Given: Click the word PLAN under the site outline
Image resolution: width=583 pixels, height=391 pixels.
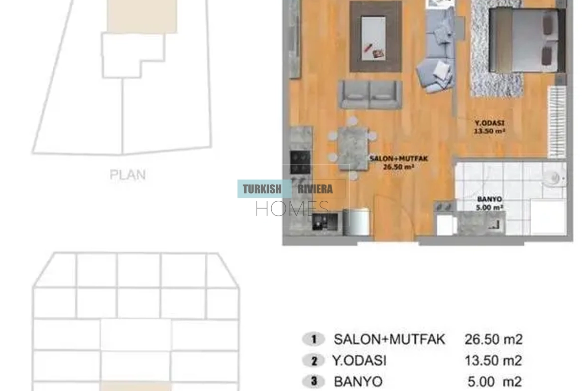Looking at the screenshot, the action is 127,175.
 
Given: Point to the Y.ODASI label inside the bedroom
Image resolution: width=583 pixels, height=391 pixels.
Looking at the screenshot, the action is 489,123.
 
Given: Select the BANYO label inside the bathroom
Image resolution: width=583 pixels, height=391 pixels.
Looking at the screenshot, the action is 490,199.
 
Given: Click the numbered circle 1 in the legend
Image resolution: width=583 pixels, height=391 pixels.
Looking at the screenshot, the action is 314,339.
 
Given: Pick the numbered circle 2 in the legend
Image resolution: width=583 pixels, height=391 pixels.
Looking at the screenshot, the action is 314,360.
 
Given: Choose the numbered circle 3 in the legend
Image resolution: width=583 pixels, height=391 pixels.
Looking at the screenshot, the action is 314,381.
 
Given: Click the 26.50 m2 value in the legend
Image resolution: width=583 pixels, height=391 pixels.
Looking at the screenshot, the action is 494,339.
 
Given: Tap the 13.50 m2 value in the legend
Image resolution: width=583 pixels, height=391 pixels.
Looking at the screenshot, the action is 494,360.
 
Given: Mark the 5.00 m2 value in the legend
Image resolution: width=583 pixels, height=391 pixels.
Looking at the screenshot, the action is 495,382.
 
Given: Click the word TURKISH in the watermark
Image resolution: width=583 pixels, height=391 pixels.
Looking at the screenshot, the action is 262,189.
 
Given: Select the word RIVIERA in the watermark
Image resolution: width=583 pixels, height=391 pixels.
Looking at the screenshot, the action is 315,189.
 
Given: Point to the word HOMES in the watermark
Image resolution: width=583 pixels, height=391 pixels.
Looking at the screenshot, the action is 292,209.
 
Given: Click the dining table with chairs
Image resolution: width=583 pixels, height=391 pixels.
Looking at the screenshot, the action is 352,147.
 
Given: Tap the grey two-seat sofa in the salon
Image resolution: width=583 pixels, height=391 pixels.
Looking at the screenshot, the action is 370,95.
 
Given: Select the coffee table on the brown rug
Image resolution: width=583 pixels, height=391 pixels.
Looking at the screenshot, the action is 374,37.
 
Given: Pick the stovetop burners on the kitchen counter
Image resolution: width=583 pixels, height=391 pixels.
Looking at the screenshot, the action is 300,162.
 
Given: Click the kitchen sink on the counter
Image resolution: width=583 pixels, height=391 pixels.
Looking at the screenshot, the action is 325,222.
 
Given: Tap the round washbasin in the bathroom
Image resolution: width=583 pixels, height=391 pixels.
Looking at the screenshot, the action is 554,178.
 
